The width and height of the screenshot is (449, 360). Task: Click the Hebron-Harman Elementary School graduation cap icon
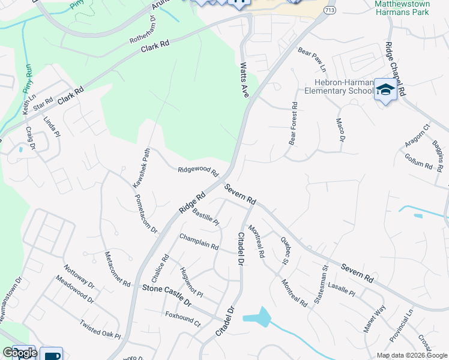pyautogui.click(x=385, y=91)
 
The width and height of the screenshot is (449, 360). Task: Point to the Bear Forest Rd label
pyautogui.click(x=294, y=124)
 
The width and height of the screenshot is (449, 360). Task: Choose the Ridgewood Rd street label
pyautogui.click(x=198, y=171)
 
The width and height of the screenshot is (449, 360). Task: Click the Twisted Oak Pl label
pyautogui.click(x=100, y=328)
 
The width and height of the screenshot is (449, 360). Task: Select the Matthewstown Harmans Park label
pyautogui.click(x=402, y=7)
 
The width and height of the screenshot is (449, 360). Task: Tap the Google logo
pyautogui.click(x=19, y=353)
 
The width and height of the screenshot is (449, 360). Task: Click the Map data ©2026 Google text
pyautogui.click(x=411, y=355)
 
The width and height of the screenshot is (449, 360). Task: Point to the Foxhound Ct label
pyautogui.click(x=183, y=318)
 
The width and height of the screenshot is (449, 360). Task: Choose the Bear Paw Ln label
pyautogui.click(x=311, y=57)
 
